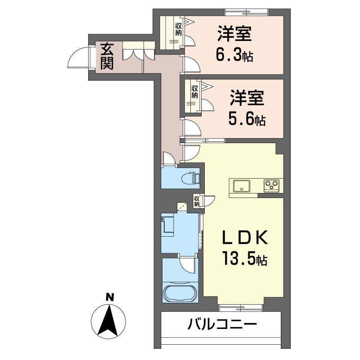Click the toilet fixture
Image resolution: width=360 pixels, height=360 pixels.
point(191,178)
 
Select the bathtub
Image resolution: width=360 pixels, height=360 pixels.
point(180,293)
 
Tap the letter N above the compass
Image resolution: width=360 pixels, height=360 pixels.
point(109,297)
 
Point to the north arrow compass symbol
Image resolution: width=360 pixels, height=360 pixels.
point(108,321)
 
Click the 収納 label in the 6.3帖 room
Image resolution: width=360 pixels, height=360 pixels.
point(179,29)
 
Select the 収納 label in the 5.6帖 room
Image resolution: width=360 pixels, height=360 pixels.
point(194,92)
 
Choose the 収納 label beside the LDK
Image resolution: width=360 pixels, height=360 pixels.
point(197,201)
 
